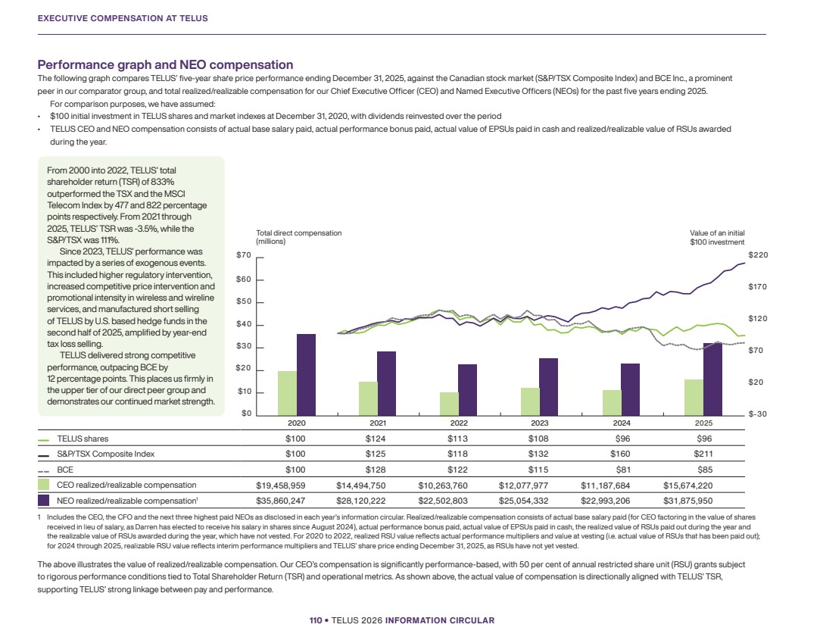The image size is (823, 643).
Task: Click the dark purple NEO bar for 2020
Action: point(306,375)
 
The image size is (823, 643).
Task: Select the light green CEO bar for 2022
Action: point(449,404)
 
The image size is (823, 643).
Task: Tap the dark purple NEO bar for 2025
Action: point(712,379)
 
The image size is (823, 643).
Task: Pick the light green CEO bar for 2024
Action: point(612,403)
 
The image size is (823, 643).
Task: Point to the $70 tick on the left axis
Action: point(244,255)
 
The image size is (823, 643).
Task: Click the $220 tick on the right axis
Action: point(758,255)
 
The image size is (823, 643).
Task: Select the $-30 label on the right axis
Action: point(758,414)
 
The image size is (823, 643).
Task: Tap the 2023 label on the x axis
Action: point(540,423)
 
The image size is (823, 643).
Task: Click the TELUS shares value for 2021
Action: point(376,439)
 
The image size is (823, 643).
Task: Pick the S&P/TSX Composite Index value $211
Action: point(703,454)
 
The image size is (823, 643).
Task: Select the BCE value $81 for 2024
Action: point(622,470)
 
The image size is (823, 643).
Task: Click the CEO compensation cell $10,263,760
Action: point(442,485)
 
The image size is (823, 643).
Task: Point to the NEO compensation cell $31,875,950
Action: point(688,501)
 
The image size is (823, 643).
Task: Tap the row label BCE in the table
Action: point(65,470)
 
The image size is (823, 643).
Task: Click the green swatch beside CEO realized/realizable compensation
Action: point(44,485)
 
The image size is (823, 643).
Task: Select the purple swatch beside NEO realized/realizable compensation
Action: point(44,500)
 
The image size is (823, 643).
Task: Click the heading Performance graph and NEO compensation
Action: point(165,64)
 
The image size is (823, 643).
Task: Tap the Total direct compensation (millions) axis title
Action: point(298,237)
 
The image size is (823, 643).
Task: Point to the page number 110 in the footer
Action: point(316,620)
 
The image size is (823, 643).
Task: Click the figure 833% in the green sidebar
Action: point(162,182)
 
